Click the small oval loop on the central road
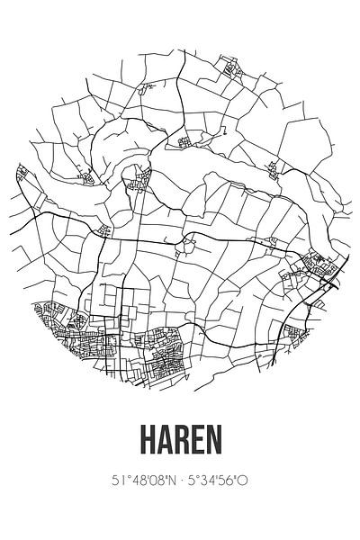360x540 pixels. point(188,241)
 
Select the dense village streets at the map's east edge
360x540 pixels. point(319,265)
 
